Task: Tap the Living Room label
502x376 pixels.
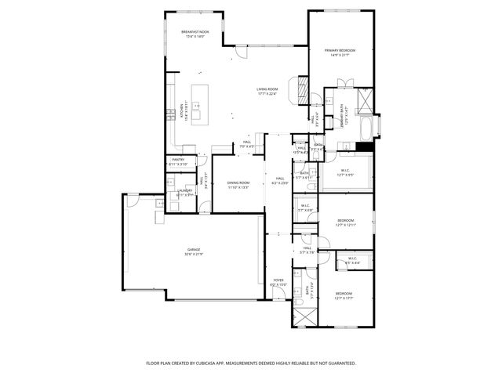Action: click(267, 91)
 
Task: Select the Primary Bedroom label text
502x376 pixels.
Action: click(340, 52)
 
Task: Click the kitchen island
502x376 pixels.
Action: click(198, 103)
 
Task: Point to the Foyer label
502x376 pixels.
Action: click(278, 281)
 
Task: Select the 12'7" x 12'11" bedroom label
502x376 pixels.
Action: click(345, 222)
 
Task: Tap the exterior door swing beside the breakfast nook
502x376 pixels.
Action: click(243, 56)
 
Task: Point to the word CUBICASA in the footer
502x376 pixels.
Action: click(214, 363)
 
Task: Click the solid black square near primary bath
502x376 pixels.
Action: click(363, 146)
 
